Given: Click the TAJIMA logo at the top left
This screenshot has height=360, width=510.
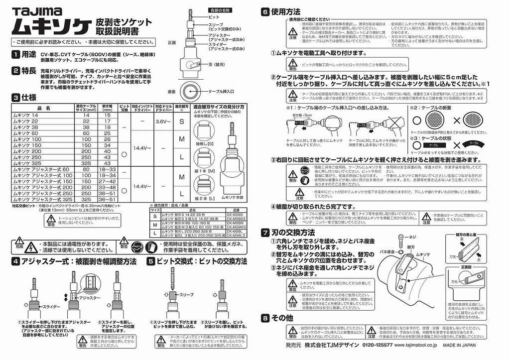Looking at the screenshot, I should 37,10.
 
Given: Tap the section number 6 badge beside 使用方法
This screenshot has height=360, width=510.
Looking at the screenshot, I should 265,11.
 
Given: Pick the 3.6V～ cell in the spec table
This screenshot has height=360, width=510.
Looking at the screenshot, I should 163,121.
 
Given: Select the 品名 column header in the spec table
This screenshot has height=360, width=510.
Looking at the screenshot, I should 43,107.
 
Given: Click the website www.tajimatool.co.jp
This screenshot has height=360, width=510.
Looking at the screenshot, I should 413,345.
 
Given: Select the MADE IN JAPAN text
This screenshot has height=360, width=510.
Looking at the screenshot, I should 459,345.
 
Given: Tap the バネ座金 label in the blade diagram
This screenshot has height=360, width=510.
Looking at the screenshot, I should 387,251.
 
